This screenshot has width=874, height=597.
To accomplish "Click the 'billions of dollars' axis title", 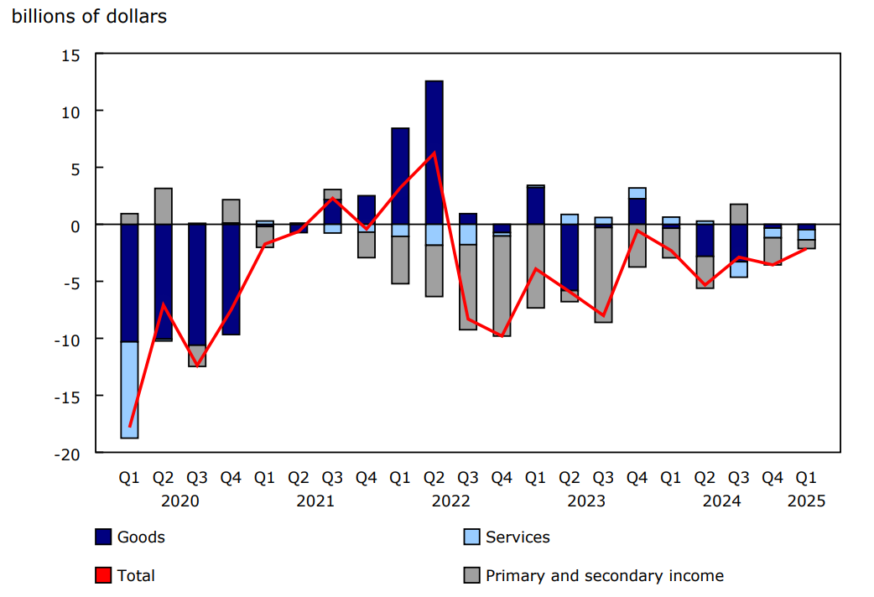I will [89, 17].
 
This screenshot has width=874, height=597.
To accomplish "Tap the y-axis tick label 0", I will [75, 226].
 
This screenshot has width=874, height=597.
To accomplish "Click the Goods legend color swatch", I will [103, 537].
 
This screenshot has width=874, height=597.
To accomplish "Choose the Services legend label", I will [518, 537].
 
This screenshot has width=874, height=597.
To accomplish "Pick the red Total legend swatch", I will [103, 575].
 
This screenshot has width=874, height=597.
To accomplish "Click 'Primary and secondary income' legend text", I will [604, 575].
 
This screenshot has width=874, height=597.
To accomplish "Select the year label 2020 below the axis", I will [179, 501].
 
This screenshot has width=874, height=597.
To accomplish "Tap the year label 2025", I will [806, 501].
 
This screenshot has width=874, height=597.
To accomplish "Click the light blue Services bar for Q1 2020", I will [129, 390].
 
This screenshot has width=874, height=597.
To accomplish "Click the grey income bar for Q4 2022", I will [502, 286].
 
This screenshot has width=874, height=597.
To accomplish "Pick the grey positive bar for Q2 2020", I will [164, 206].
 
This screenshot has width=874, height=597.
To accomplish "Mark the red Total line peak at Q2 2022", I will [434, 152].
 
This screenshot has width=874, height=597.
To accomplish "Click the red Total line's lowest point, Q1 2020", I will [129, 426].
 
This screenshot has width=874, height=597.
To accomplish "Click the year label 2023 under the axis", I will [586, 501].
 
